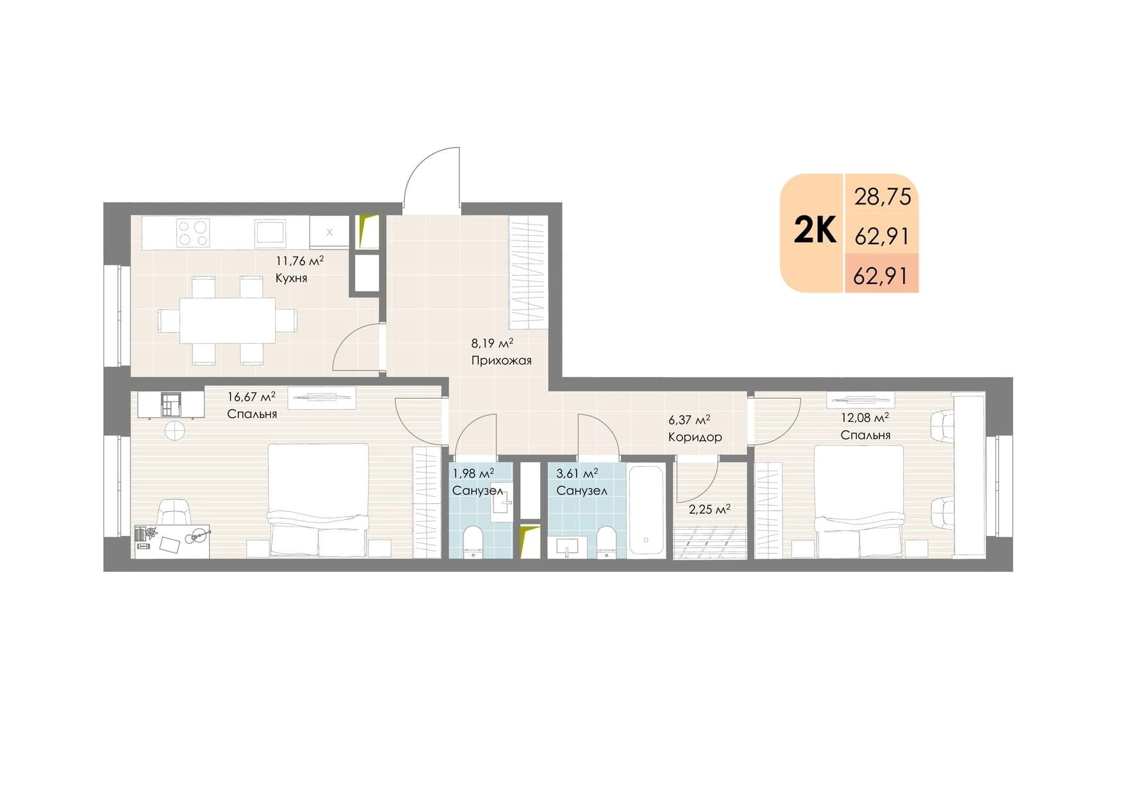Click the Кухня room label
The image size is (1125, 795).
291,278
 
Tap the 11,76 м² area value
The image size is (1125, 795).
300,261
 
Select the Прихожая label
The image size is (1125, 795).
502,360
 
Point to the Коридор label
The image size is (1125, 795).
695,437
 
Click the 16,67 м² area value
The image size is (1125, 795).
251,397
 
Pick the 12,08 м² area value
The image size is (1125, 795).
865,418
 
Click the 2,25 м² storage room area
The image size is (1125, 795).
709,510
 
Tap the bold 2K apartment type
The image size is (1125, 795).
815,230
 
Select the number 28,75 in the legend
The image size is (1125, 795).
883,197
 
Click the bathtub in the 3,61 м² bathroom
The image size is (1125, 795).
646,510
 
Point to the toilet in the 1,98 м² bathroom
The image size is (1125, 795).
473,542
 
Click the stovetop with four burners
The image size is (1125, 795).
193,233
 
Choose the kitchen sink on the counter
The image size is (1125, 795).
270,232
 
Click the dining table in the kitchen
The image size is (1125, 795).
228,320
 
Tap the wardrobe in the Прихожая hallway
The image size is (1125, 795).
528,272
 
